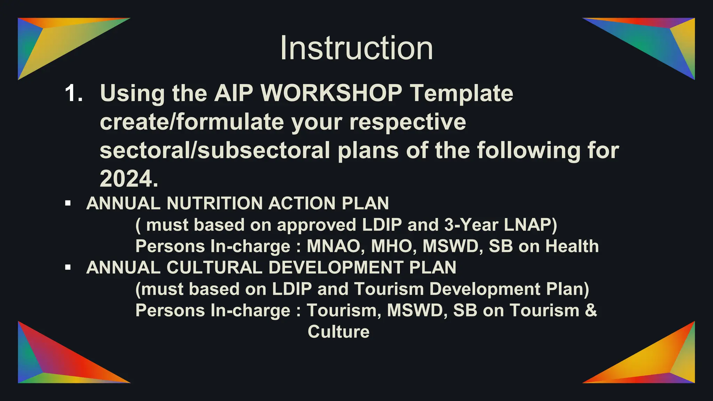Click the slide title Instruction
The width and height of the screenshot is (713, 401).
(x=356, y=48)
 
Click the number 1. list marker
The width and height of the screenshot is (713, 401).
(x=74, y=93)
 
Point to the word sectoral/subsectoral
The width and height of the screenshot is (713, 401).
(x=214, y=151)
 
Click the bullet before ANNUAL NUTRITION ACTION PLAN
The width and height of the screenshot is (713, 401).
(x=68, y=203)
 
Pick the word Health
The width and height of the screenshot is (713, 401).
(x=572, y=246)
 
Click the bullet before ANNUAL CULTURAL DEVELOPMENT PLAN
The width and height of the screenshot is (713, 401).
(x=68, y=268)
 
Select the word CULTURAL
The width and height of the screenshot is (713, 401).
(x=214, y=268)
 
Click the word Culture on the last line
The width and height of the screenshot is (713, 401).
(x=338, y=332)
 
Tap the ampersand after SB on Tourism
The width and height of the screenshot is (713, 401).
(x=591, y=310)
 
